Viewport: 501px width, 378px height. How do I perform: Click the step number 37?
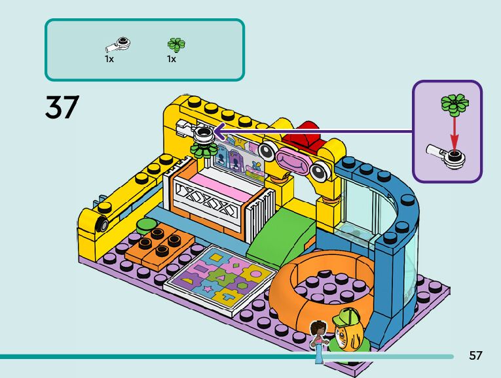pyautogui.click(x=62, y=107)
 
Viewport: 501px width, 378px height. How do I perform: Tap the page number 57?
pyautogui.click(x=475, y=356)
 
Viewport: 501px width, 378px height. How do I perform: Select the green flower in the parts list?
pyautogui.click(x=176, y=44)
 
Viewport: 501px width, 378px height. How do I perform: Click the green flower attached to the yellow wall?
pyautogui.click(x=201, y=152)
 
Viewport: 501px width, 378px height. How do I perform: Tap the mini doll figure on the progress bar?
pyautogui.click(x=319, y=340)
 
